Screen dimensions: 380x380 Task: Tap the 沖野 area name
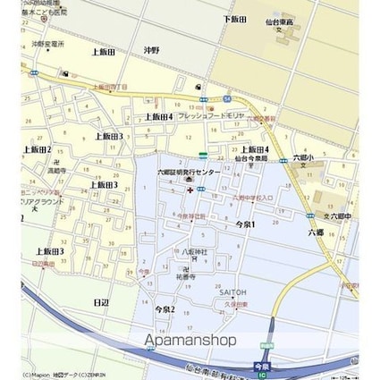(x=151, y=51)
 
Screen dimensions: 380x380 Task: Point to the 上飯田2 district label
(x=37, y=148)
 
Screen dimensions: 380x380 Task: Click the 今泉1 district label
(x=244, y=224)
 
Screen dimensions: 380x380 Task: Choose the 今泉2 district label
(x=165, y=309)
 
